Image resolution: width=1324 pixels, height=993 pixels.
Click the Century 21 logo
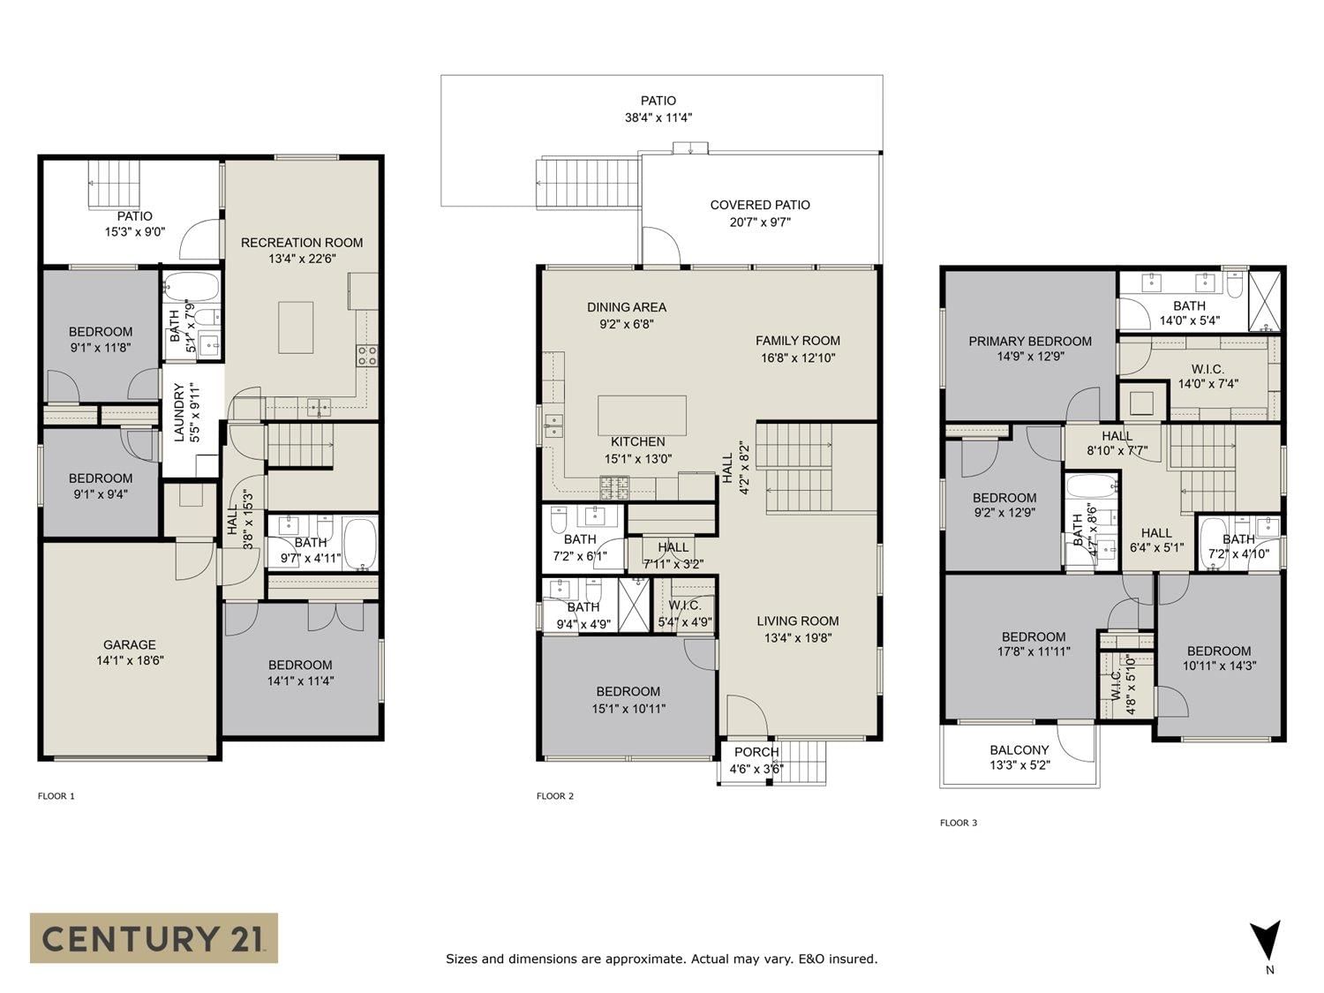154,937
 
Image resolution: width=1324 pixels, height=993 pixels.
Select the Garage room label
130,644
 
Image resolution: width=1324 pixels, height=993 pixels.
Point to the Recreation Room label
302,243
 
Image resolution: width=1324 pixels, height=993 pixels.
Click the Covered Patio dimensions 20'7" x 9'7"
760,222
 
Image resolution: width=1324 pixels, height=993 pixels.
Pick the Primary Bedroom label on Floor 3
1030,342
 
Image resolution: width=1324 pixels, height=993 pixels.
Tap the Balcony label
1019,750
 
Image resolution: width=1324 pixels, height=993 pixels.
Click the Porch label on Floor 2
756,752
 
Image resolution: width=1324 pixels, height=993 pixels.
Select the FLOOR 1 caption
56,796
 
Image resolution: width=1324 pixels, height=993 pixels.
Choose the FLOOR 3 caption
959,823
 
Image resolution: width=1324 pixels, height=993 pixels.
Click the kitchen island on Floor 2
642,415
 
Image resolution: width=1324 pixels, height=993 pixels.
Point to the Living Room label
797,621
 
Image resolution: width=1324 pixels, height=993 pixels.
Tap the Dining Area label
627,307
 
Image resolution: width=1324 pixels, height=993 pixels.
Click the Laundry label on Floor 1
179,413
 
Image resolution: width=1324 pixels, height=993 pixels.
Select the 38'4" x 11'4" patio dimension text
658,117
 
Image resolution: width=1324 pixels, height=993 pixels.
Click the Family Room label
797,341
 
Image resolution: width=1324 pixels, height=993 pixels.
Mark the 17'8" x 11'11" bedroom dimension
1034,651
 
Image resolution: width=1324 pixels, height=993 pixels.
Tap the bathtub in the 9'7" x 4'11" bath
359,543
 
